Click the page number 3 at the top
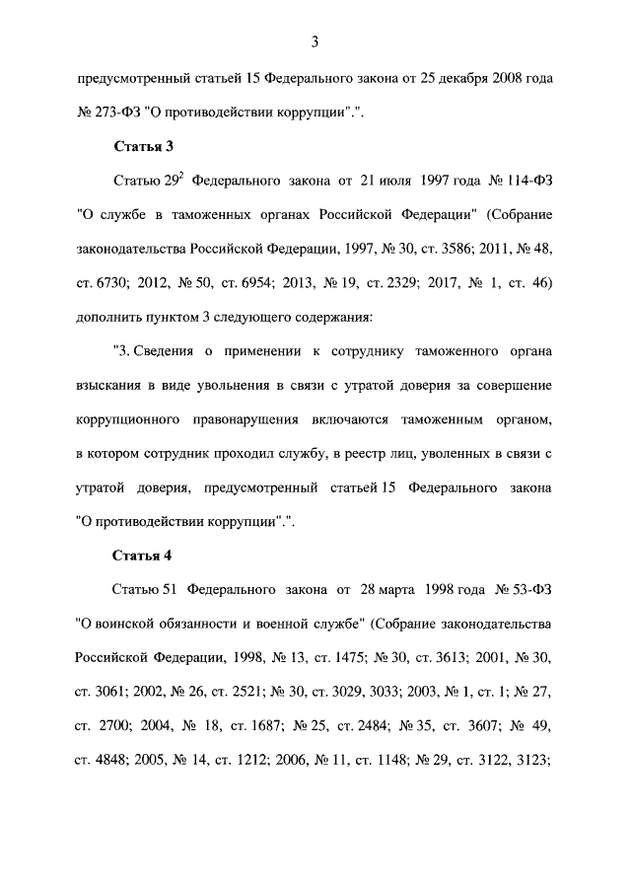(315, 41)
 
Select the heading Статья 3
(144, 146)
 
